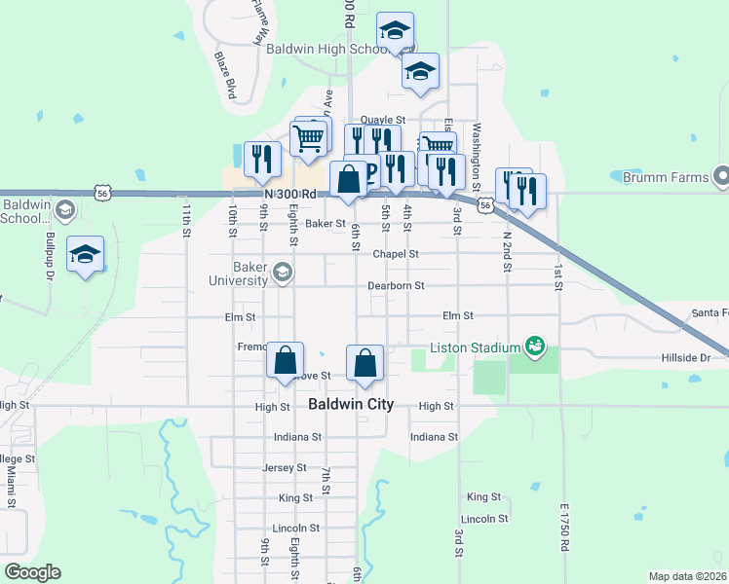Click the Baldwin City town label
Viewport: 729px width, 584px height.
(351, 404)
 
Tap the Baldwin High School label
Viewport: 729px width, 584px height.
(328, 49)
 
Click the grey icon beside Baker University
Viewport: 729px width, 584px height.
(283, 272)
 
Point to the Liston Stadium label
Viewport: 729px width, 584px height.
(477, 347)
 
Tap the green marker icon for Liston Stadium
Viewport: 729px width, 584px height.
(534, 346)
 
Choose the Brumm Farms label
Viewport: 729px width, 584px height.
(671, 177)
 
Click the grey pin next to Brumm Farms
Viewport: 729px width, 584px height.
(721, 176)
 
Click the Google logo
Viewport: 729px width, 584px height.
(32, 572)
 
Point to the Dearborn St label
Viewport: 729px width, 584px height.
(396, 286)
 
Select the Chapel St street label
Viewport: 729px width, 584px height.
(396, 254)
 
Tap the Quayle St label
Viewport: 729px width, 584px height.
(382, 120)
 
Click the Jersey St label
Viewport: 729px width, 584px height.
(285, 468)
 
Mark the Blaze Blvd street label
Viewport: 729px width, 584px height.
(226, 76)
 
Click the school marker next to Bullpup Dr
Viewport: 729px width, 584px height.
(86, 254)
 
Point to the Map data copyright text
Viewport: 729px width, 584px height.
(688, 576)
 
